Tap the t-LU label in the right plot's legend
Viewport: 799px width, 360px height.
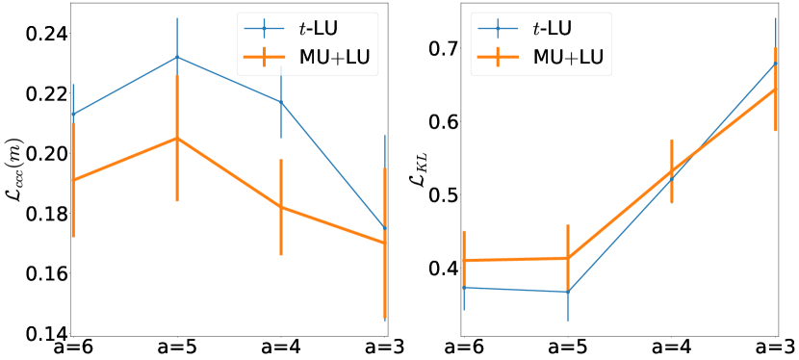click(566, 28)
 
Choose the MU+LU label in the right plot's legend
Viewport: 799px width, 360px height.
click(568, 58)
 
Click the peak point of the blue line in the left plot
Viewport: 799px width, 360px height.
click(177, 57)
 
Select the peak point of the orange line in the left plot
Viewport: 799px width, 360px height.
click(177, 139)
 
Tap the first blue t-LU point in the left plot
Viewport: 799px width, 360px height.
click(73, 115)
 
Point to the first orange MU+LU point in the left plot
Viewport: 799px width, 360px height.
click(73, 180)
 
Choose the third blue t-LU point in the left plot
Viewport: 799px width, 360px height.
click(281, 102)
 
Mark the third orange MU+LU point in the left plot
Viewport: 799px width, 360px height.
click(281, 207)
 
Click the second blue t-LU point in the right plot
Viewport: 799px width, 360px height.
click(568, 292)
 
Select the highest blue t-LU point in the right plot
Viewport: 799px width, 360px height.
click(776, 64)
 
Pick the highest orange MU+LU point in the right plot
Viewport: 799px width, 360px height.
click(776, 90)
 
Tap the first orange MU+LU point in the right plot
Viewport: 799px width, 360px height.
click(464, 261)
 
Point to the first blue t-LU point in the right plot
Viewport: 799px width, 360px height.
click(464, 287)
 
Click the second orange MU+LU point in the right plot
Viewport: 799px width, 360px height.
click(568, 258)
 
